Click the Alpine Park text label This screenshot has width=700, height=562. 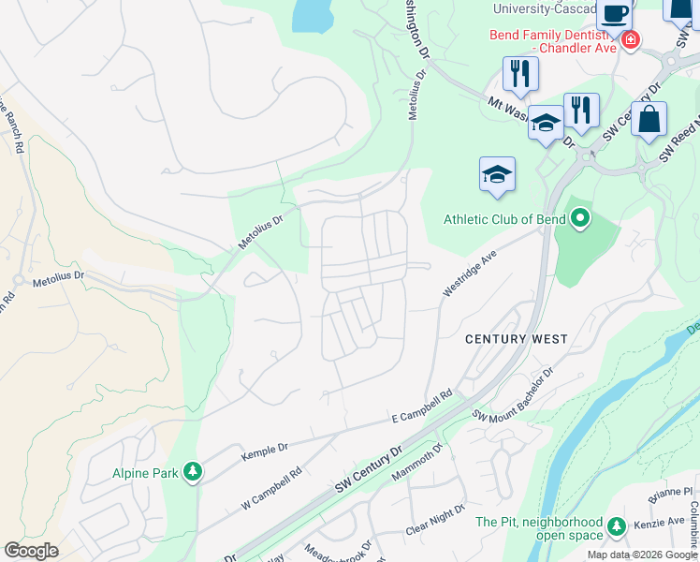click(145, 473)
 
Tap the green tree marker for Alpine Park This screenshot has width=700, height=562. click(193, 470)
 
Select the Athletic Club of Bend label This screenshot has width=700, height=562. click(503, 220)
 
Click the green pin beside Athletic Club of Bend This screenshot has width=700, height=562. click(580, 219)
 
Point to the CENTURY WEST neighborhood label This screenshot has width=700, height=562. click(517, 339)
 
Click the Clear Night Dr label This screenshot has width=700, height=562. click(434, 520)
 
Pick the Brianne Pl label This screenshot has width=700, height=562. click(673, 492)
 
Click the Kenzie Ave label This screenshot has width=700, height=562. click(663, 521)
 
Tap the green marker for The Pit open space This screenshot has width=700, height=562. click(616, 525)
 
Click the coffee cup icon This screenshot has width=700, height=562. click(614, 14)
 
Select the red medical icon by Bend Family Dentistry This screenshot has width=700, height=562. click(631, 39)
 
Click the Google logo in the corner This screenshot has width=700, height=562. click(31, 551)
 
